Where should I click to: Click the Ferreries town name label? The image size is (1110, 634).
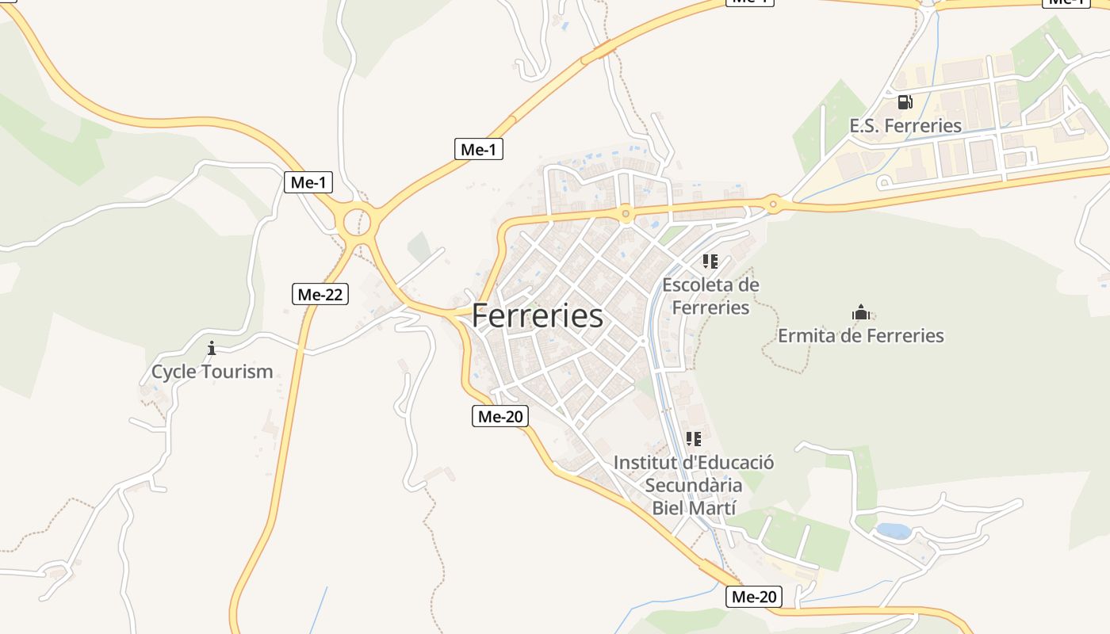537,315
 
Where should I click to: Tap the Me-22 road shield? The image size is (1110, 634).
320,294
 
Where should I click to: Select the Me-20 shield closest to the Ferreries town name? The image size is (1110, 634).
499,416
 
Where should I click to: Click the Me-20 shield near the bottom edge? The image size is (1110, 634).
753,597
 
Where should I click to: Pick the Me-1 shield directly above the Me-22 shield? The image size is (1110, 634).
308,182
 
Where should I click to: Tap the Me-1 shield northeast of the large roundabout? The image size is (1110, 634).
479,148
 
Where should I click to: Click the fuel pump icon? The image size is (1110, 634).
905,101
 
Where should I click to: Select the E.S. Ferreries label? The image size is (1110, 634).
905,125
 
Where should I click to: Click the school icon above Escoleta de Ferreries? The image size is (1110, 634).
710,261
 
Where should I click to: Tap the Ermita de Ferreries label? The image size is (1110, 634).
860,335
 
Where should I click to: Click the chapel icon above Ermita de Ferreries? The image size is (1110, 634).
860,312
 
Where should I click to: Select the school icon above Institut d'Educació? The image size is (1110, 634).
694,438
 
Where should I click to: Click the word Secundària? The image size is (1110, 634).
694,485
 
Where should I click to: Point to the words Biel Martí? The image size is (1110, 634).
694,508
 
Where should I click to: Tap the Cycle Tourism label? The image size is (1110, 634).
212,371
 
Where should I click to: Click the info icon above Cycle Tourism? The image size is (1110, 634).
212,348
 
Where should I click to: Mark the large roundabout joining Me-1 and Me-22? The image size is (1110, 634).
357,219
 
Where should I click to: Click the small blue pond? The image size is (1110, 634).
893,530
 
